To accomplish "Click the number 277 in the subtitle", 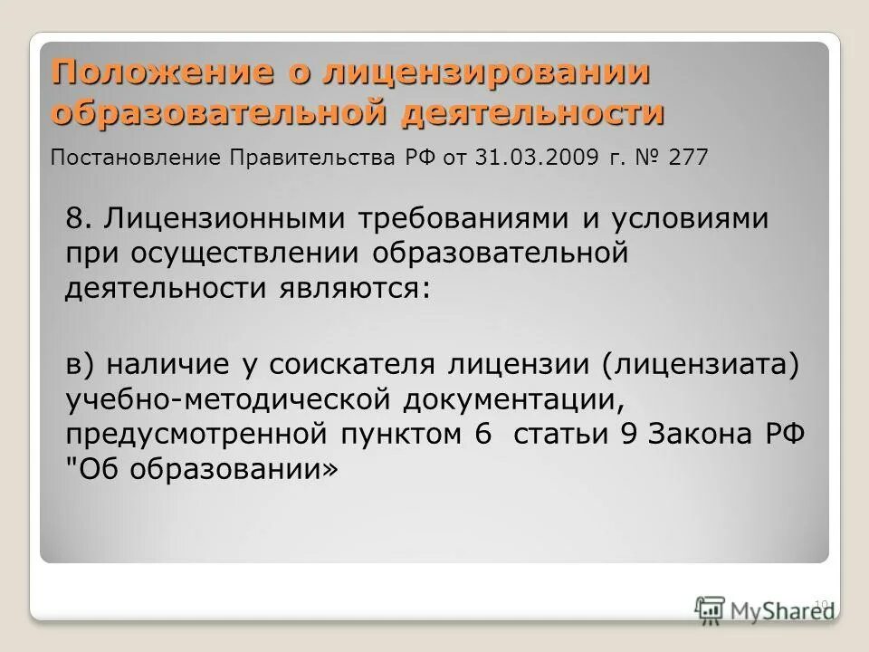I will click(x=691, y=158).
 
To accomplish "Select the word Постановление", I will click(x=136, y=158).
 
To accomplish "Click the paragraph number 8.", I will click(x=75, y=218).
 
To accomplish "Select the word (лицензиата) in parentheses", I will click(x=698, y=363).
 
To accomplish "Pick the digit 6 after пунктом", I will click(x=481, y=434).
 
